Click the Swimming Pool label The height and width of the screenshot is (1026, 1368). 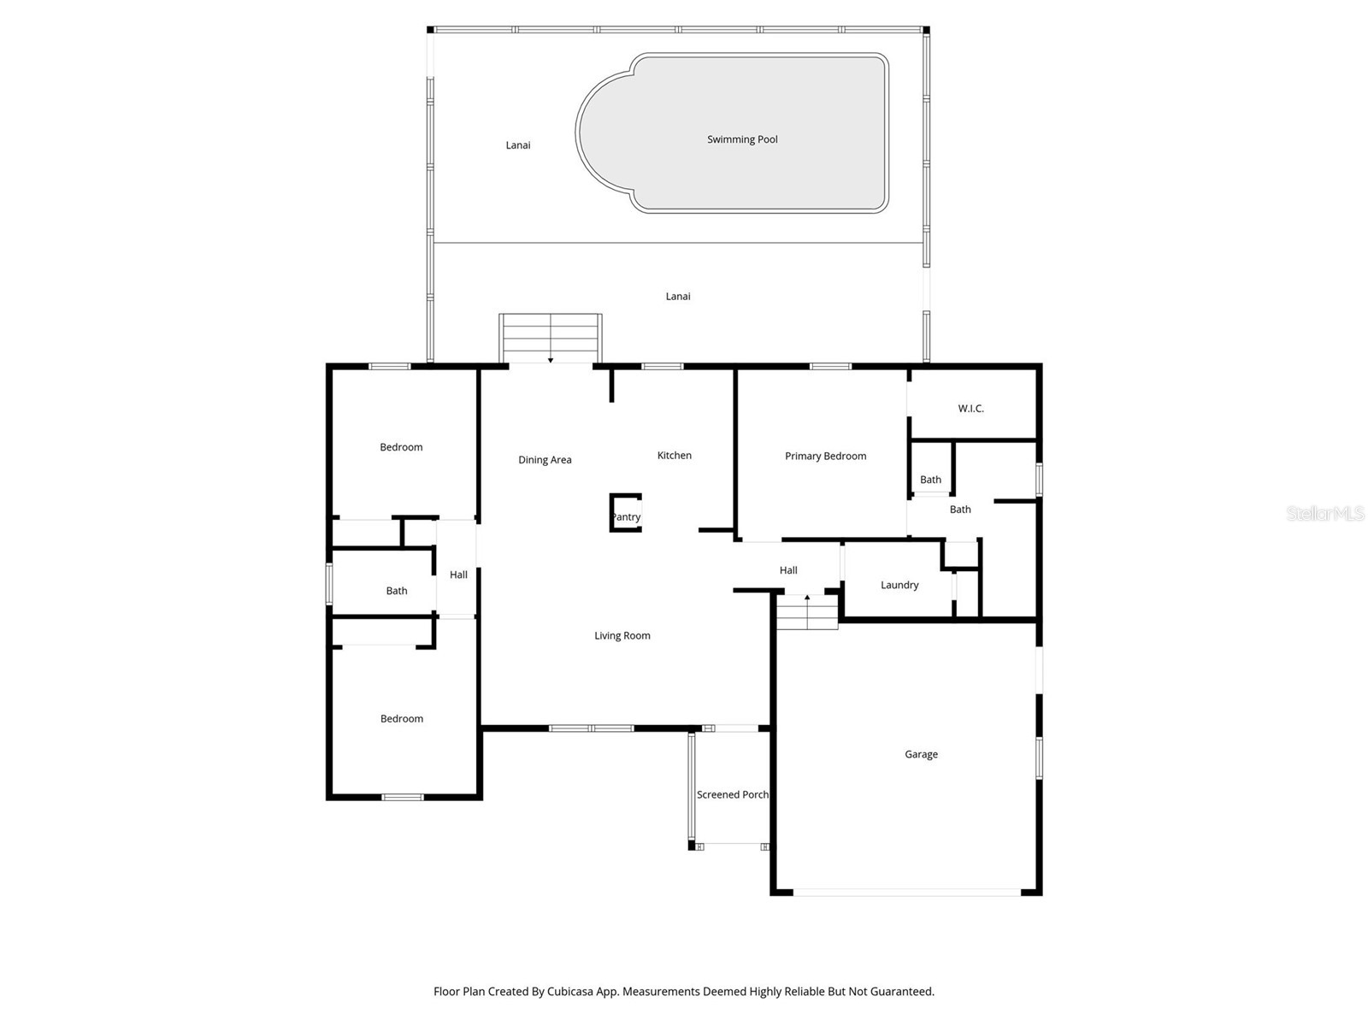(742, 139)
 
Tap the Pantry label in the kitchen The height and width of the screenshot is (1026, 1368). (626, 517)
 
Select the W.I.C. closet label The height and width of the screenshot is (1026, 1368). (970, 409)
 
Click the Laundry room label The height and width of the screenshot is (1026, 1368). (899, 585)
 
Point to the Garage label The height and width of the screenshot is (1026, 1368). (921, 754)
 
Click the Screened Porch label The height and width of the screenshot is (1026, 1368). (733, 794)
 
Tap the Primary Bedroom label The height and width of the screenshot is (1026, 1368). (825, 456)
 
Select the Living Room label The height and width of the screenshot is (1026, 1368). (622, 635)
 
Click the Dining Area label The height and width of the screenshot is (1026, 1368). (545, 460)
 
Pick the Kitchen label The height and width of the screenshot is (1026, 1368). (674, 455)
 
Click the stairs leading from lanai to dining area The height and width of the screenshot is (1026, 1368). (551, 339)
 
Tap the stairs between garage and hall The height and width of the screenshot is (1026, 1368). (806, 612)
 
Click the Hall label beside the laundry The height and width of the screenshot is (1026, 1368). (788, 570)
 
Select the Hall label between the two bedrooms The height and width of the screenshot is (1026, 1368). (458, 575)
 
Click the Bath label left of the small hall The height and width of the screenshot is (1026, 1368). (397, 591)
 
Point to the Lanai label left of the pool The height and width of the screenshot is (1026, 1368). (517, 145)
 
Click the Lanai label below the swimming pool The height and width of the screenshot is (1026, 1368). (678, 297)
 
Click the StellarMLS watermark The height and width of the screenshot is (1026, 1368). (1325, 513)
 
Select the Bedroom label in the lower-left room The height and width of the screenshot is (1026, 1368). (402, 719)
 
